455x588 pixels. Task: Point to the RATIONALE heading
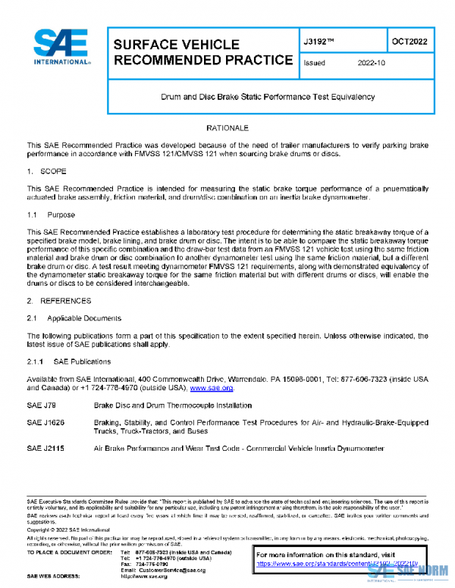(227, 129)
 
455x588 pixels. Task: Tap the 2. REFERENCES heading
(58, 302)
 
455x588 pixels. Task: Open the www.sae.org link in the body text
(211, 387)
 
